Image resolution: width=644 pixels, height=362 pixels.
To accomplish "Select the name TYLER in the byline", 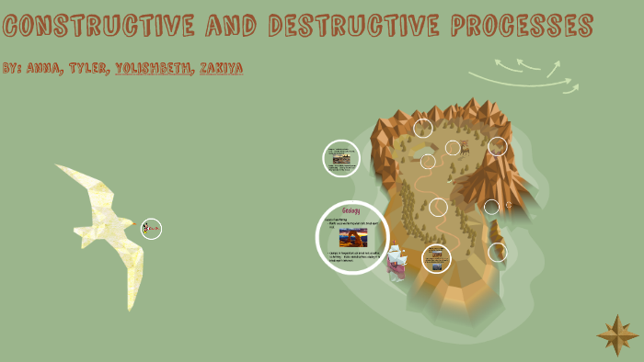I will pyautogui.click(x=88, y=69).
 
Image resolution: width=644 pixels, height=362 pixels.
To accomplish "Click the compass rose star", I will pyautogui.click(x=616, y=335).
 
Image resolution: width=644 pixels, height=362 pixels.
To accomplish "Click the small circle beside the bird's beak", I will pyautogui.click(x=152, y=229).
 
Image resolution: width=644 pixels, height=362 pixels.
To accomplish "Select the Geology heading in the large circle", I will pyautogui.click(x=351, y=212).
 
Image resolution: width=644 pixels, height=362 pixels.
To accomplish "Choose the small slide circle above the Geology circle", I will pyautogui.click(x=341, y=158).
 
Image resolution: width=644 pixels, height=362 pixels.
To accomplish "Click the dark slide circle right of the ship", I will pyautogui.click(x=436, y=258).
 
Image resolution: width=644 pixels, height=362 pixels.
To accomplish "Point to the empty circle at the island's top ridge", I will pyautogui.click(x=423, y=128).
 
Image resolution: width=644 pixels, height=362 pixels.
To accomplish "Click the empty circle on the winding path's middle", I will pyautogui.click(x=438, y=208).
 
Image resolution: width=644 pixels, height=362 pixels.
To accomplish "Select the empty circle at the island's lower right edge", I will pyautogui.click(x=498, y=252).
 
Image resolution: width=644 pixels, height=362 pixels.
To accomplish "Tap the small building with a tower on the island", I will pyautogui.click(x=465, y=147).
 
